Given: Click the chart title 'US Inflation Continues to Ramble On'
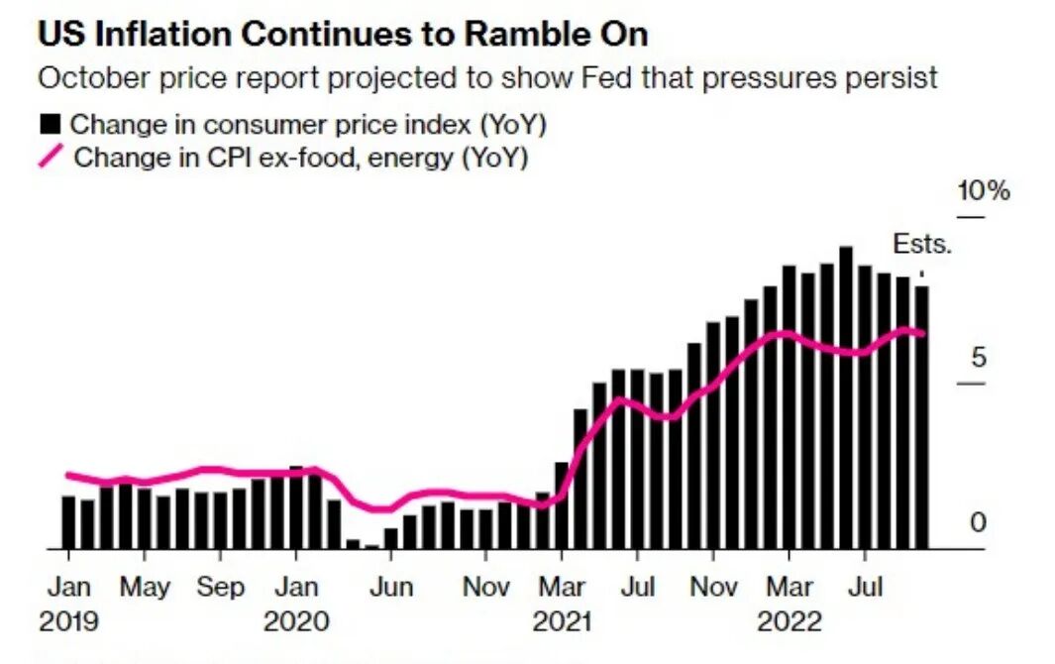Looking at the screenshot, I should [x=343, y=34].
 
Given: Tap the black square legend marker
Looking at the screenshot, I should [x=50, y=125].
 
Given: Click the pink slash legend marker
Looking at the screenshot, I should [x=51, y=157].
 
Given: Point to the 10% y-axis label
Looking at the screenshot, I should [x=982, y=191].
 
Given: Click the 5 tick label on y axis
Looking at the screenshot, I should [x=978, y=358].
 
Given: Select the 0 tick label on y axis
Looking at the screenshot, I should [x=978, y=522].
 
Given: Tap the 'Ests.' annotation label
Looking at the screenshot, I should [x=921, y=245].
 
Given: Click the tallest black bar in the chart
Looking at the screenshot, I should [x=845, y=396].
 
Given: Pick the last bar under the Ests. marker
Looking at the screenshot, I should [x=921, y=416].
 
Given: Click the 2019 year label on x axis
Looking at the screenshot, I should [x=68, y=621].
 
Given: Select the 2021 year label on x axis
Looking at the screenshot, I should [x=562, y=621].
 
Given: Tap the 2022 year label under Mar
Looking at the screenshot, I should [x=790, y=621].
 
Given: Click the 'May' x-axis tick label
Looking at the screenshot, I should [x=145, y=588].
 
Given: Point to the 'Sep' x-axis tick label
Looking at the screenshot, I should [x=220, y=588].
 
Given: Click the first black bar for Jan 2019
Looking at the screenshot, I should [x=68, y=522].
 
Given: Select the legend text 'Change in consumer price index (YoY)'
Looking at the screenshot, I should [x=308, y=125].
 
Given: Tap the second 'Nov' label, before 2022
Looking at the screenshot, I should [x=713, y=588].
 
